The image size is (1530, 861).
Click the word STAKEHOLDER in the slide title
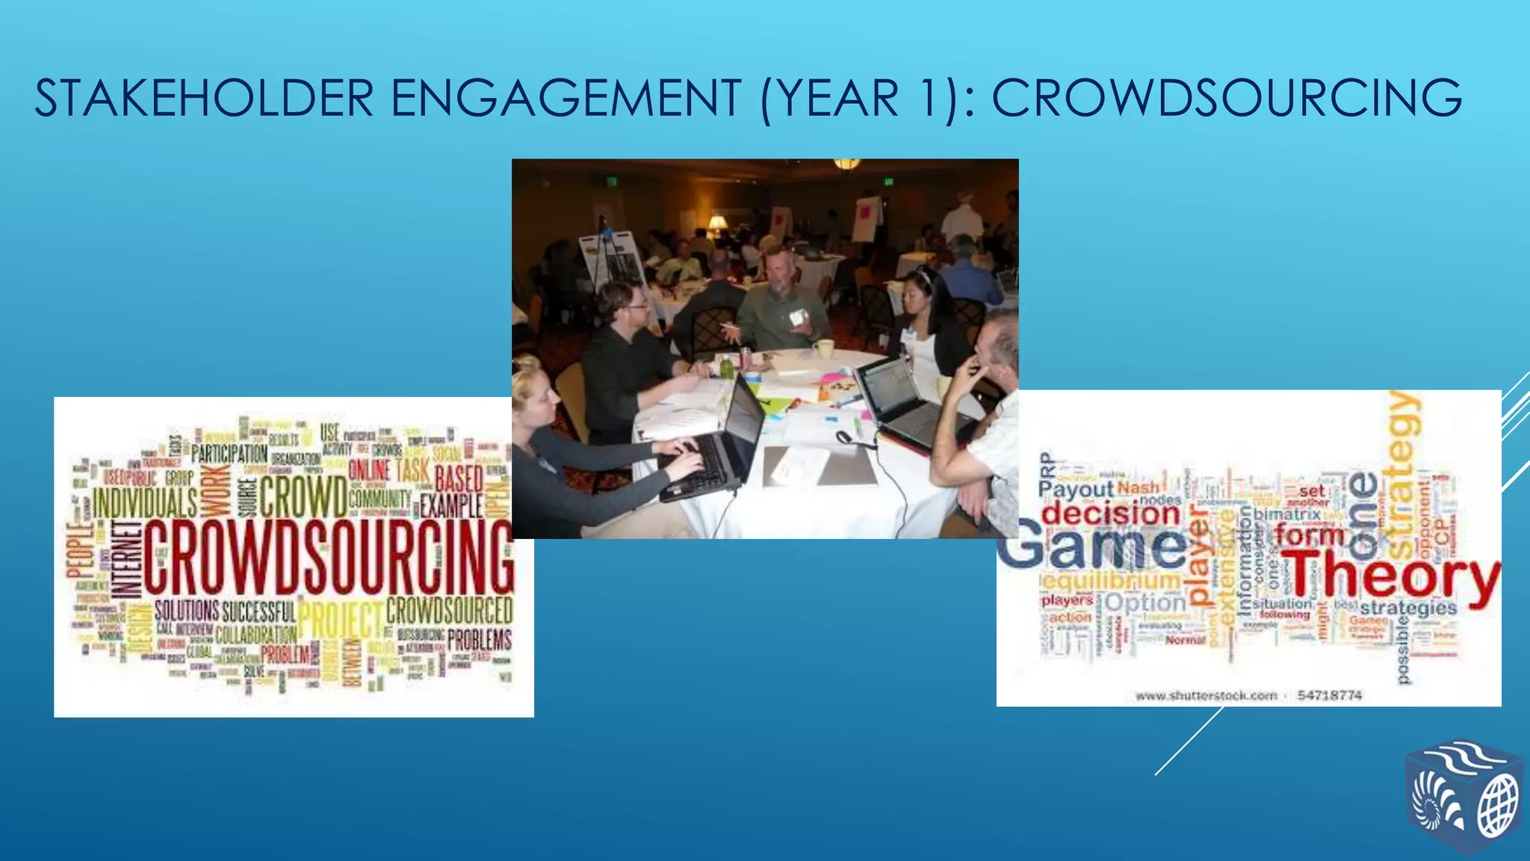tap(204, 99)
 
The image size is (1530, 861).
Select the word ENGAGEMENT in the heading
tap(566, 99)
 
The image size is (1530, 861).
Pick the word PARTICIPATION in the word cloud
tap(229, 453)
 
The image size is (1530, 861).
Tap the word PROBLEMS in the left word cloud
tap(480, 640)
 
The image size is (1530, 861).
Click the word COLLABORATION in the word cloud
tap(255, 635)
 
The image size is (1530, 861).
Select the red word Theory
tap(1390, 577)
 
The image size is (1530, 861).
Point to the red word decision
tap(1110, 513)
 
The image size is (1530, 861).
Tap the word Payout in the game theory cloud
tap(1076, 490)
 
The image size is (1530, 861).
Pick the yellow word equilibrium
tap(1112, 580)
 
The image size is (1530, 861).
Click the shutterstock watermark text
tap(1206, 696)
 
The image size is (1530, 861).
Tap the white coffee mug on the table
tap(823, 348)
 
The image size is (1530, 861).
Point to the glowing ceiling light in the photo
tap(846, 163)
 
